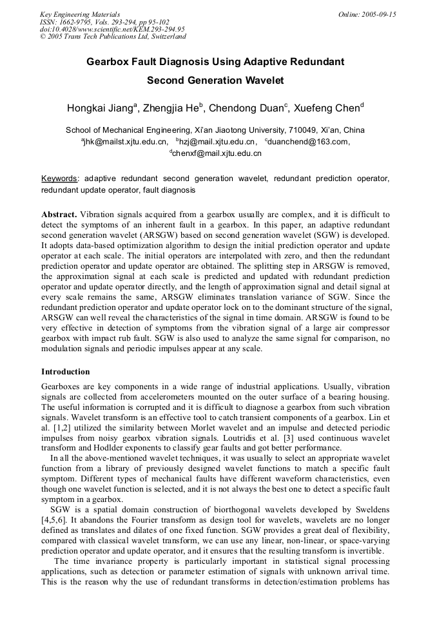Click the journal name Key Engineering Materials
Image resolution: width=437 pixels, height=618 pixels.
(x=80, y=14)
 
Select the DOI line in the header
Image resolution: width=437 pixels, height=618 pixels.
(x=112, y=29)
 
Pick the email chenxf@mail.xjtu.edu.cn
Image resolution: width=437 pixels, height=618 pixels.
(x=216, y=154)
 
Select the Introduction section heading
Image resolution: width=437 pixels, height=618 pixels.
(x=66, y=372)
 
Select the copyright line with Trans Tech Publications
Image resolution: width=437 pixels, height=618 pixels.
(x=113, y=37)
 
